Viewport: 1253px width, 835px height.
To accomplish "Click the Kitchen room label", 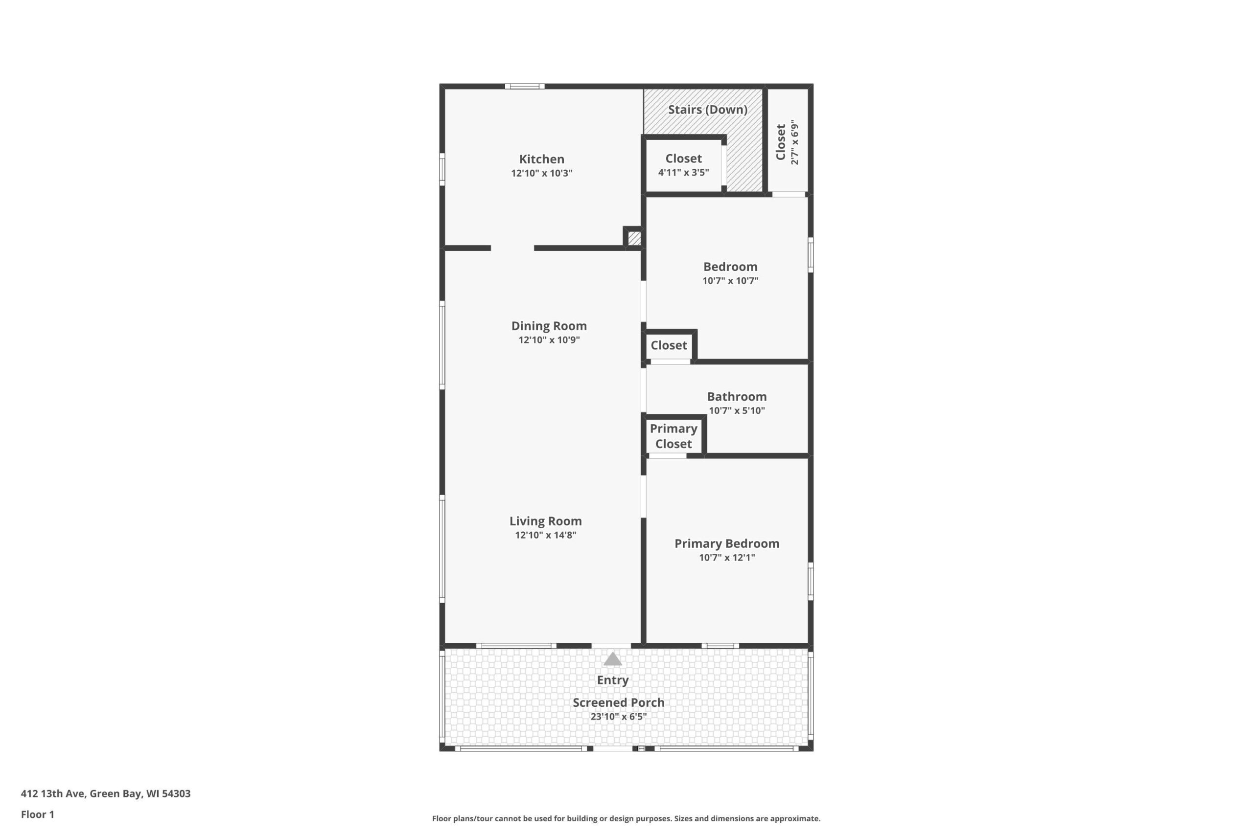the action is coord(541,158).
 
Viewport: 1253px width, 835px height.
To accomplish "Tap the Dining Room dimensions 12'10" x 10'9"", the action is coord(549,340).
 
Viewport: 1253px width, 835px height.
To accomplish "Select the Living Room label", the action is coord(546,521).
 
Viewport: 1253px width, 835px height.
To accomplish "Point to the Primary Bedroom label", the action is coord(727,543).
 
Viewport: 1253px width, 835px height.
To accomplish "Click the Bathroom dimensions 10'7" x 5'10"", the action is coord(737,410).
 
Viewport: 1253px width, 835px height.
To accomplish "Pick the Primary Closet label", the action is coord(673,436).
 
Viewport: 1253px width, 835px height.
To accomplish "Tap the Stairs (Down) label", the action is coord(707,109).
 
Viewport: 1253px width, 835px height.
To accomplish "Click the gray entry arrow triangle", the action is coord(613,659).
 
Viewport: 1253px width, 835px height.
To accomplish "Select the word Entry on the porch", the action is coord(613,680).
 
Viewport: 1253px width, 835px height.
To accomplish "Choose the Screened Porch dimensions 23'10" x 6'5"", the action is coord(619,716).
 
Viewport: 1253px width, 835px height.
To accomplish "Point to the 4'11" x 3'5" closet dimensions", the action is coord(683,173).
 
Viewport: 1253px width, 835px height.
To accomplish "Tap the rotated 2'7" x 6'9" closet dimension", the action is coord(794,142).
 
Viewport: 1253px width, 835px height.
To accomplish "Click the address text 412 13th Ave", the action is coord(53,793).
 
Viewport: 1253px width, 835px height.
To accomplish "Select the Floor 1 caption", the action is coord(37,814).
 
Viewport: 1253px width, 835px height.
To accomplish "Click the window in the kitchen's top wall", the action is coord(525,86).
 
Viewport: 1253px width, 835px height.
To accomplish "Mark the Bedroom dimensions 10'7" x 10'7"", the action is coord(730,281).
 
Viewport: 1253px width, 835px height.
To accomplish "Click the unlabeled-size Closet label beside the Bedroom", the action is coord(669,345).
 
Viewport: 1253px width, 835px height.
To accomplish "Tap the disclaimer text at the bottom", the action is coord(626,818).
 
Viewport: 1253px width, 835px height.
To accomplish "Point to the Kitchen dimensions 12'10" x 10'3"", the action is coord(541,173).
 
